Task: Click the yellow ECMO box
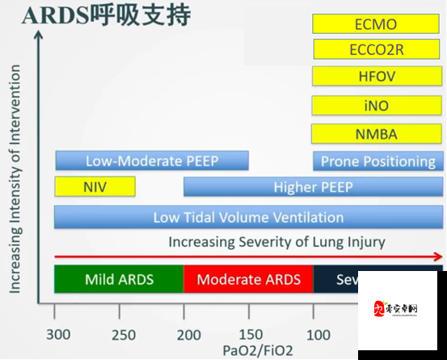pyautogui.click(x=376, y=24)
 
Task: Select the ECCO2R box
pyautogui.click(x=376, y=50)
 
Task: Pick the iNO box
pyautogui.click(x=376, y=105)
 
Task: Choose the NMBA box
pyautogui.click(x=376, y=133)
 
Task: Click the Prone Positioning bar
pyautogui.click(x=377, y=161)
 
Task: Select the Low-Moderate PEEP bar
pyautogui.click(x=152, y=161)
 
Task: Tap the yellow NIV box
pyautogui.click(x=95, y=187)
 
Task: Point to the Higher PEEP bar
pyautogui.click(x=313, y=187)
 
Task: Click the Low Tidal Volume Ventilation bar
pyautogui.click(x=248, y=217)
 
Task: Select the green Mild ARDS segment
pyautogui.click(x=119, y=279)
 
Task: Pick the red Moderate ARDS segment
pyautogui.click(x=248, y=279)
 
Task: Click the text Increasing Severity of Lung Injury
pyautogui.click(x=276, y=242)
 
